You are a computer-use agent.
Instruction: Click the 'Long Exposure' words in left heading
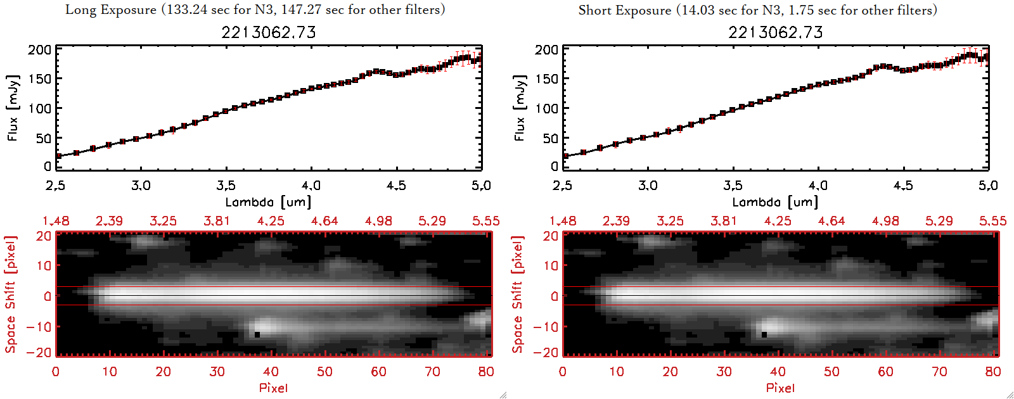(111, 10)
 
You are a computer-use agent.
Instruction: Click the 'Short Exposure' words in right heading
(624, 11)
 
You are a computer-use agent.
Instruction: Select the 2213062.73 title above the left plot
(269, 32)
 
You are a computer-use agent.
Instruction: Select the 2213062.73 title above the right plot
(776, 32)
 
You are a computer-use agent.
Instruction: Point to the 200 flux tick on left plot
(39, 50)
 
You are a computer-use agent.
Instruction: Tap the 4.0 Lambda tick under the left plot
(311, 186)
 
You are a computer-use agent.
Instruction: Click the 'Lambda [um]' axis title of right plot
(775, 202)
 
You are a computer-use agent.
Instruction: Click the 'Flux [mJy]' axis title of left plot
(13, 108)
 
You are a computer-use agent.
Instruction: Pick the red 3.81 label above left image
(217, 221)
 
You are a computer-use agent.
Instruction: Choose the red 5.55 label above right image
(992, 221)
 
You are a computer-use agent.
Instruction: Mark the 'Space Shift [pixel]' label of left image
(10, 294)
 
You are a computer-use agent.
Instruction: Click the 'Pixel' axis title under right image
(780, 388)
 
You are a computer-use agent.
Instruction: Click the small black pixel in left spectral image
(257, 334)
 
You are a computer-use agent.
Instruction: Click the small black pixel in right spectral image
(764, 334)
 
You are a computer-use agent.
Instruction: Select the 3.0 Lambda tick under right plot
(648, 186)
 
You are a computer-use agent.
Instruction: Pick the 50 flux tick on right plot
(550, 138)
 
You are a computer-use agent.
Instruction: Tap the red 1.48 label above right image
(563, 221)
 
